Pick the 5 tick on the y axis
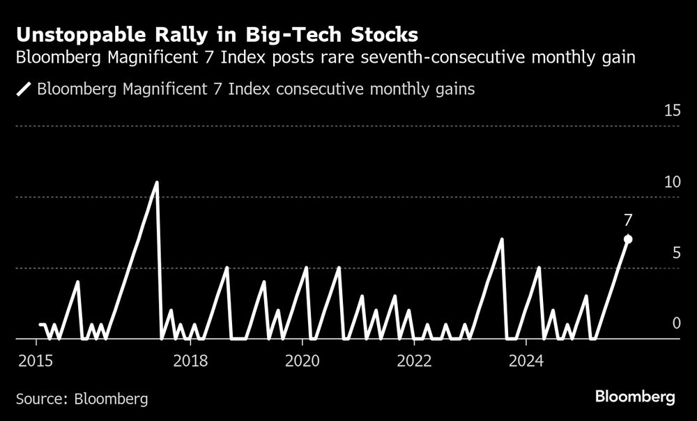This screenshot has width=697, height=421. (675, 253)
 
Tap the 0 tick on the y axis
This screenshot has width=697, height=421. (675, 323)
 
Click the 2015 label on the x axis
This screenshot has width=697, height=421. (36, 361)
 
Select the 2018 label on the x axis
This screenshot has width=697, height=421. (190, 361)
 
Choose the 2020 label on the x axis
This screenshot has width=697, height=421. (302, 361)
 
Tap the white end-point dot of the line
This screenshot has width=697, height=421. (628, 239)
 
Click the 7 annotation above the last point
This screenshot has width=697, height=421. (628, 220)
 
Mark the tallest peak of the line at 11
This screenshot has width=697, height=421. (157, 183)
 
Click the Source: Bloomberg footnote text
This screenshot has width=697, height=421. (82, 399)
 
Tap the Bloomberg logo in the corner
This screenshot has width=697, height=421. (635, 397)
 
